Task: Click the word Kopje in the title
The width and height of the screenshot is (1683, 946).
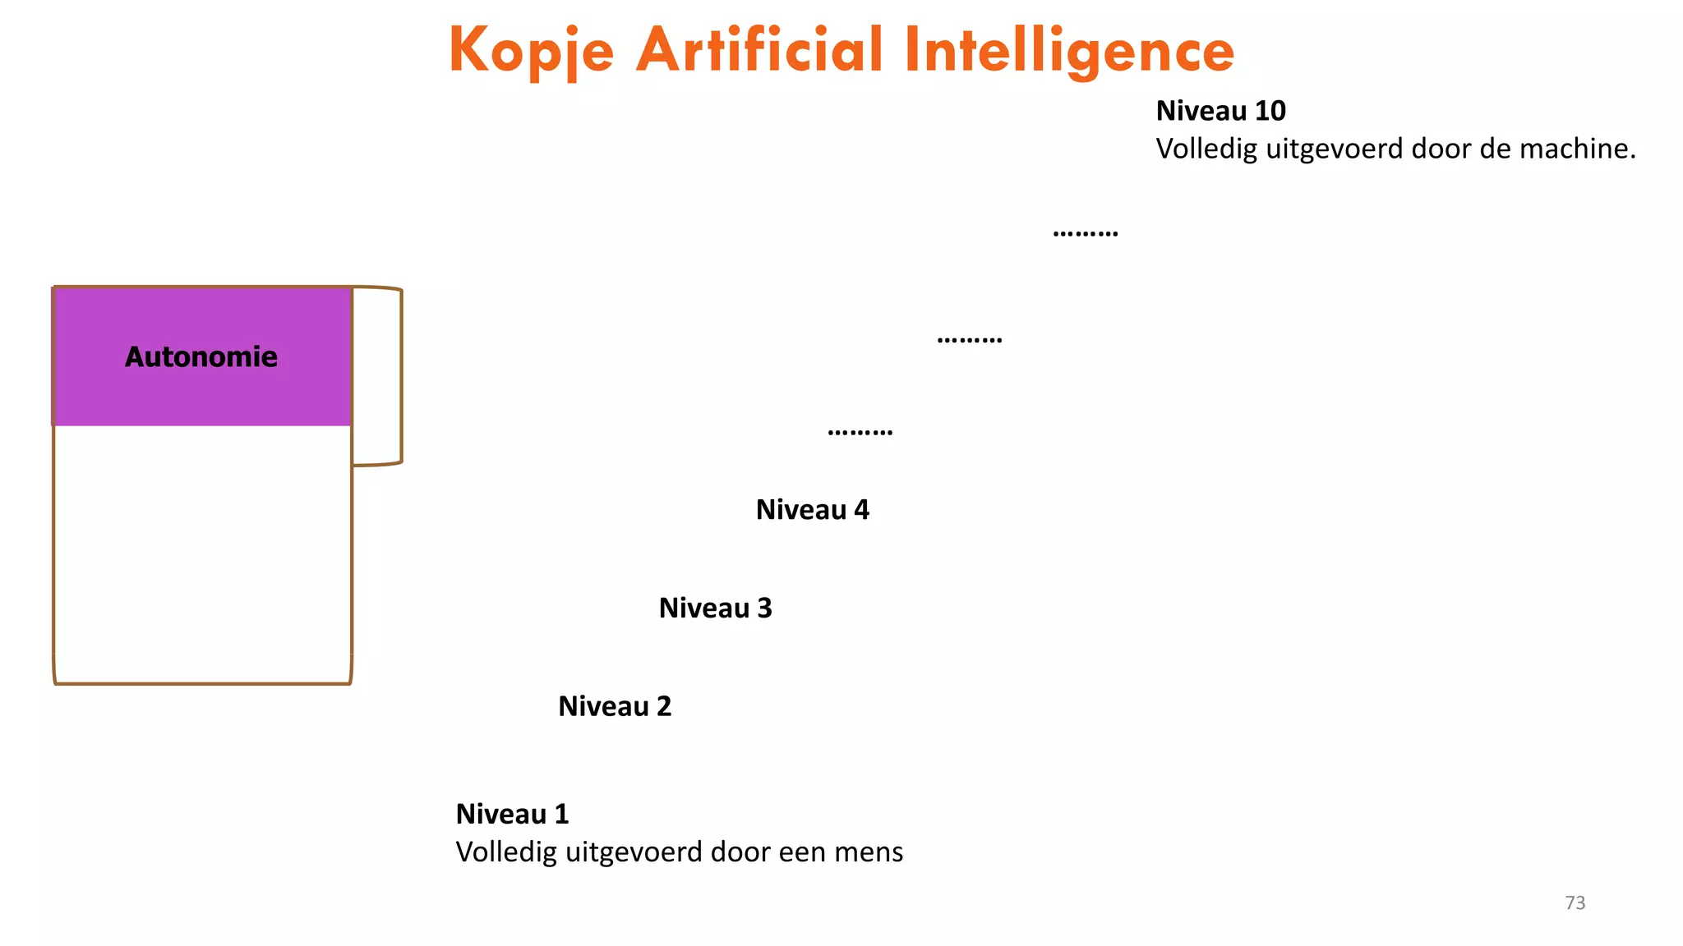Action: click(531, 51)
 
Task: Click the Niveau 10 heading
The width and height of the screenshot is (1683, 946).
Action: click(1220, 111)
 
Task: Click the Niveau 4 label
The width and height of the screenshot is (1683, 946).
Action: click(812, 510)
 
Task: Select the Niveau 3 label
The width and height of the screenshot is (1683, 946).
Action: click(715, 608)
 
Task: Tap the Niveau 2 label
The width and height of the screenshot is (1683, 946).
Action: click(615, 706)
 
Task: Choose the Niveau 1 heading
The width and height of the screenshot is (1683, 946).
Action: click(512, 814)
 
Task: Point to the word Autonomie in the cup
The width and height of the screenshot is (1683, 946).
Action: click(201, 356)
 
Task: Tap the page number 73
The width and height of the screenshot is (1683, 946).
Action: click(1575, 902)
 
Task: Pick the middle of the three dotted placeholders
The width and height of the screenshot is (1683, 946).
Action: click(969, 339)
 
